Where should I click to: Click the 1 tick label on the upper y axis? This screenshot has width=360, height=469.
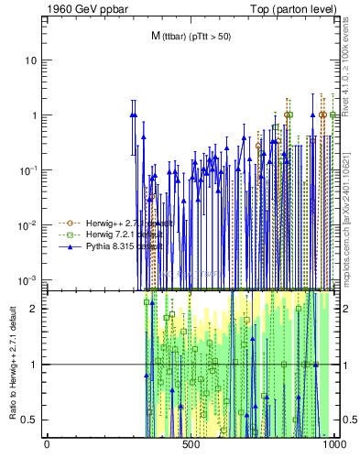34,115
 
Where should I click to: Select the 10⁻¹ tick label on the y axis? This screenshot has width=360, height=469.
29,170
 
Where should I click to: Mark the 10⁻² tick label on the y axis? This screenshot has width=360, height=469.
29,225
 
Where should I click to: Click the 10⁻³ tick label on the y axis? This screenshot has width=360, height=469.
29,279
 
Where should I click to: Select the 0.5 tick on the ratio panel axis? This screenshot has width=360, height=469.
30,420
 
